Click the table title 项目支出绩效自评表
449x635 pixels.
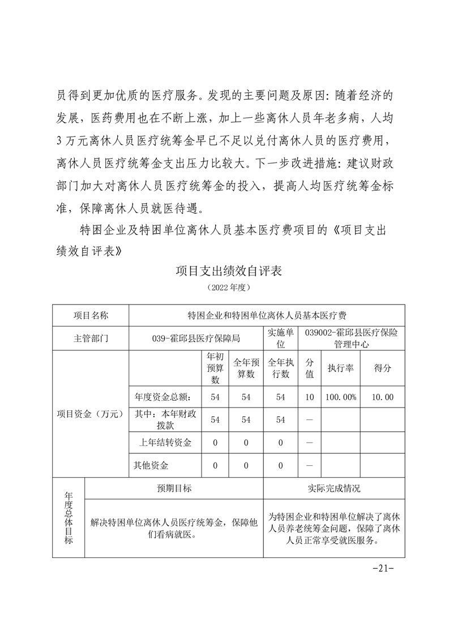coord(228,271)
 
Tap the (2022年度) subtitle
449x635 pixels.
coord(228,288)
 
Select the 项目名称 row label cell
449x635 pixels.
coord(91,315)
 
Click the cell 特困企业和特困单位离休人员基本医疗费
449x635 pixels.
coord(267,315)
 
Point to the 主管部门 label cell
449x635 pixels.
coord(91,338)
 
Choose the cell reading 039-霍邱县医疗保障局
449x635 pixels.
coord(196,338)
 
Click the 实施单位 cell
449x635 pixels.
coord(281,338)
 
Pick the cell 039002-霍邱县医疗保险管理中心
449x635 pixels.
coord(351,338)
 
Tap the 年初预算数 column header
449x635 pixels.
coord(215,368)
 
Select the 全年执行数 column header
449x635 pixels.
coord(281,368)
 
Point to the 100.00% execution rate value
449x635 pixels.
coord(341,397)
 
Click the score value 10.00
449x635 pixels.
coord(383,397)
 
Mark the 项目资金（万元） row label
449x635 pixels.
coord(91,414)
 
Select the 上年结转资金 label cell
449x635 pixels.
coord(165,443)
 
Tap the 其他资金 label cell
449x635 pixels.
coord(151,466)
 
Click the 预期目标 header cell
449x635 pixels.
coord(174,488)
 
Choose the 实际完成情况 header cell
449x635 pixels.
coord(334,488)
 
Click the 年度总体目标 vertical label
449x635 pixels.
coord(69,518)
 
